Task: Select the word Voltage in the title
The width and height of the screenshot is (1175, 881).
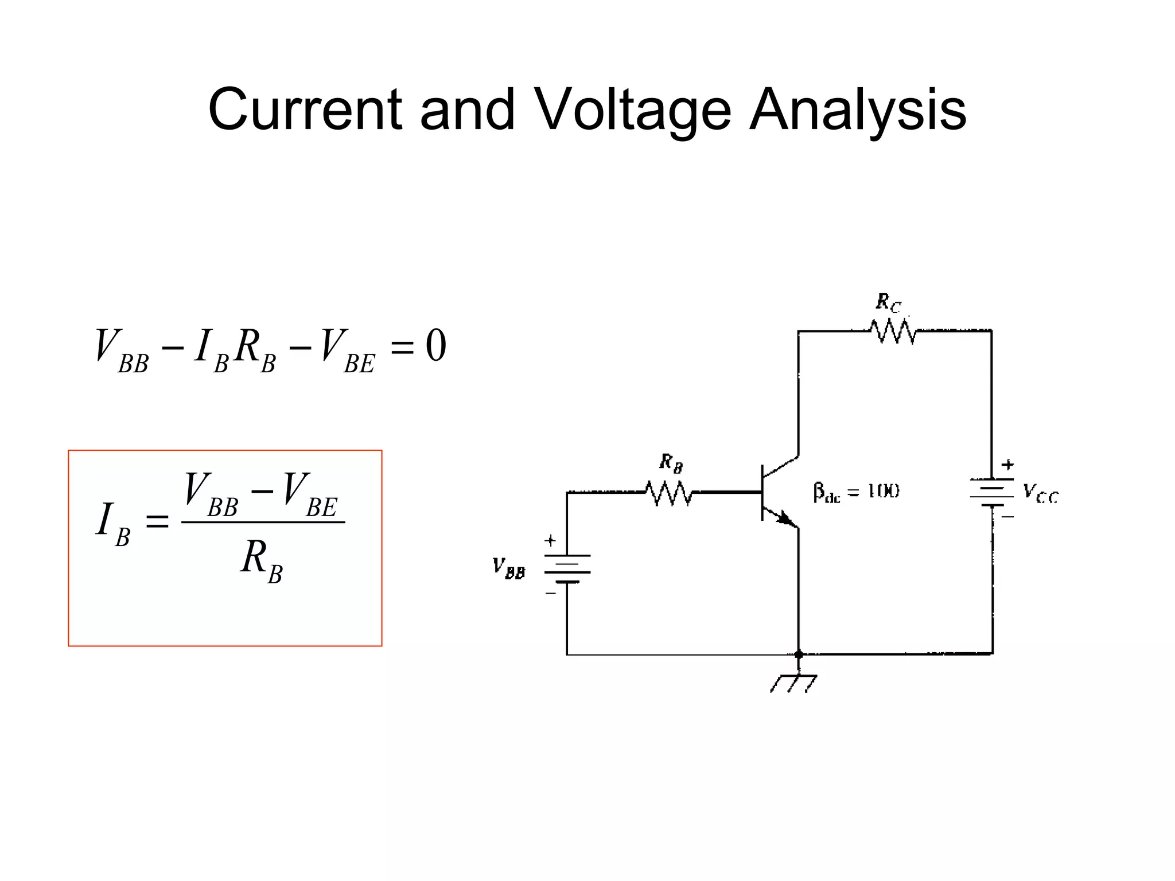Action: coord(633,110)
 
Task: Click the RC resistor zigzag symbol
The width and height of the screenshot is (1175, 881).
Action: coord(893,332)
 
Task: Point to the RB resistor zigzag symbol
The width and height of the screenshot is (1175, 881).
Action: coord(669,493)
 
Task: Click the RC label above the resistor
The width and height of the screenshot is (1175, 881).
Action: coord(888,302)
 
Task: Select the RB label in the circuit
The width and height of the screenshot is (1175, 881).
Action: coord(671,462)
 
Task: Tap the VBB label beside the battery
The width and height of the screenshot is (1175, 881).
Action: coord(508,568)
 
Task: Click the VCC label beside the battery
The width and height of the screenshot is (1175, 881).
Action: coord(1041,493)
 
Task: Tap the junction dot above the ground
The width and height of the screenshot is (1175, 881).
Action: coord(798,654)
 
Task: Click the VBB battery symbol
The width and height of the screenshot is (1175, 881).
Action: coord(567,568)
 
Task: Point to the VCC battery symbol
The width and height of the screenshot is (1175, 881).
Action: coord(992,493)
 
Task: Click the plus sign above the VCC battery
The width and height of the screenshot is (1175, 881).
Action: coord(1007,465)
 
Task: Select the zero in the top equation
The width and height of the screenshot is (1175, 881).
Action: coord(435,347)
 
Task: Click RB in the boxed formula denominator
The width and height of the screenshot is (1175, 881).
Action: coord(262,560)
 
